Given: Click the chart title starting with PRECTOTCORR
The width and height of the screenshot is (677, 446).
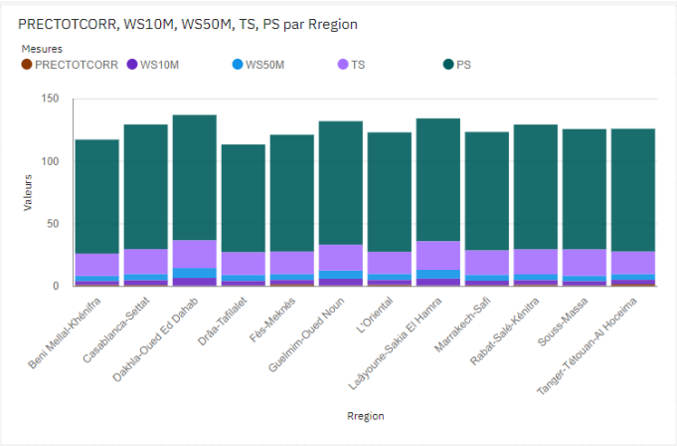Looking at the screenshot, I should (x=188, y=23).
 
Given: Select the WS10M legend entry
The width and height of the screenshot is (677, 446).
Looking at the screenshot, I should (x=159, y=65).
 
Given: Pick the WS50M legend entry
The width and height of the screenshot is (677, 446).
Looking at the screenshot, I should (x=263, y=65).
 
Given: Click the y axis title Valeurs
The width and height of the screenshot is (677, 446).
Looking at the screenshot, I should (x=28, y=191).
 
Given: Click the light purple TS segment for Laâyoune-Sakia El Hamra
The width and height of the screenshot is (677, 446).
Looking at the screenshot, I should (x=438, y=256).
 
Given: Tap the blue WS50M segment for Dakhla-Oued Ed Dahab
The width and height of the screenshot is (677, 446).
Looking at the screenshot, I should (x=195, y=273).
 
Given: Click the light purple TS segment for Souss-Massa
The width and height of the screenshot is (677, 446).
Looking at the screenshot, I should (x=585, y=262).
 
